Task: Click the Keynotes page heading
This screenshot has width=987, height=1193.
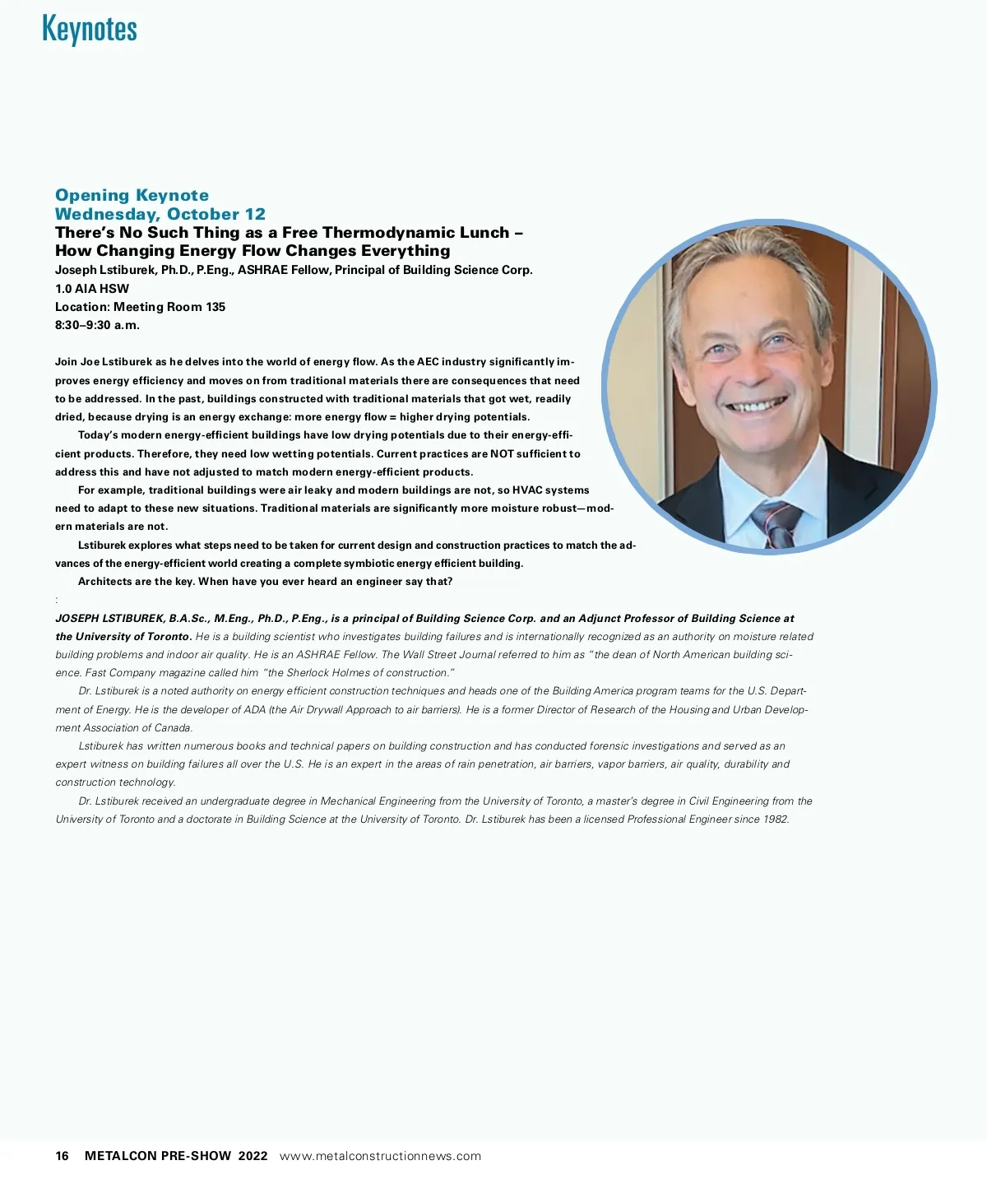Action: click(x=89, y=29)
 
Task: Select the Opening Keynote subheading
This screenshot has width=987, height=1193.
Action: click(x=132, y=195)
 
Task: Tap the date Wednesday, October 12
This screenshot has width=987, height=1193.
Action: click(x=160, y=214)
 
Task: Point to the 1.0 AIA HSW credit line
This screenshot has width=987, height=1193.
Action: click(x=92, y=289)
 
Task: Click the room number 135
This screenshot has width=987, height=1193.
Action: click(x=215, y=307)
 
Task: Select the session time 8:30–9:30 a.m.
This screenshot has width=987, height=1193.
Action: click(x=97, y=325)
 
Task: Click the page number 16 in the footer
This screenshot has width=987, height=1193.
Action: click(x=63, y=1156)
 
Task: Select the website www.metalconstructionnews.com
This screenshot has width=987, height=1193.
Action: click(x=380, y=1156)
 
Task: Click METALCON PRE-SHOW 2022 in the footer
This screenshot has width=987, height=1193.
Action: click(x=176, y=1156)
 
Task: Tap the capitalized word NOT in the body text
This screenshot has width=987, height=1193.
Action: click(x=502, y=454)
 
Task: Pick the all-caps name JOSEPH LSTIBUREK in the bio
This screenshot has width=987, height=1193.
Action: click(x=109, y=619)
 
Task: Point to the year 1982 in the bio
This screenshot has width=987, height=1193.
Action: click(x=775, y=819)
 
